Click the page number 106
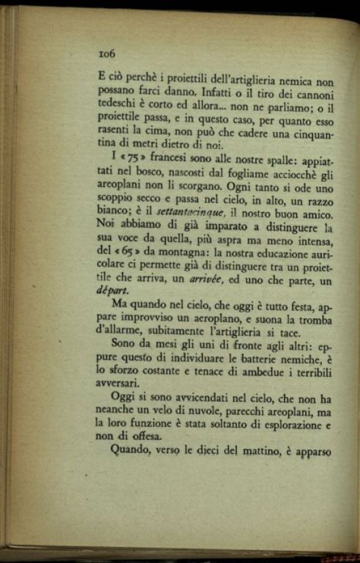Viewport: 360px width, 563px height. coord(107,54)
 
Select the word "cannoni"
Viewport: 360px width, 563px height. coord(312,94)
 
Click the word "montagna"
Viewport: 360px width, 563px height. coord(181,254)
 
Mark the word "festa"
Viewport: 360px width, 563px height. coord(298,308)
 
